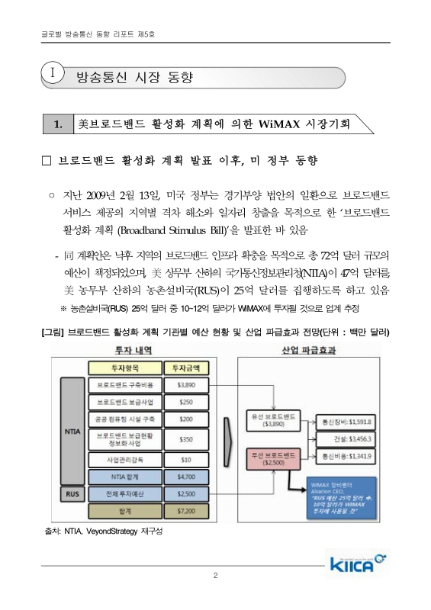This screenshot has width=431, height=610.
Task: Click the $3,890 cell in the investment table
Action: [186, 385]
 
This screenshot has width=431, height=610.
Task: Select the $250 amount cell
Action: [186, 402]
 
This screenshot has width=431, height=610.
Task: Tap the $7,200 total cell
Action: [186, 510]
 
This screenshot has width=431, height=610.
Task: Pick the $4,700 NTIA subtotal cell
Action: [186, 477]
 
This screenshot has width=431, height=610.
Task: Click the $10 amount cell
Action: [186, 460]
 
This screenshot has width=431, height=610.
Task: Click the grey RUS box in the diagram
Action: [69, 493]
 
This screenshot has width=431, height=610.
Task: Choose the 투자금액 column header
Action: [186, 368]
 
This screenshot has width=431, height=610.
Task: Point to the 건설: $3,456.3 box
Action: [347, 438]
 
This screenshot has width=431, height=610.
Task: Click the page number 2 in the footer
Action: [216, 596]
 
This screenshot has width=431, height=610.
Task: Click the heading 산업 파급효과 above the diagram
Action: [310, 350]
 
